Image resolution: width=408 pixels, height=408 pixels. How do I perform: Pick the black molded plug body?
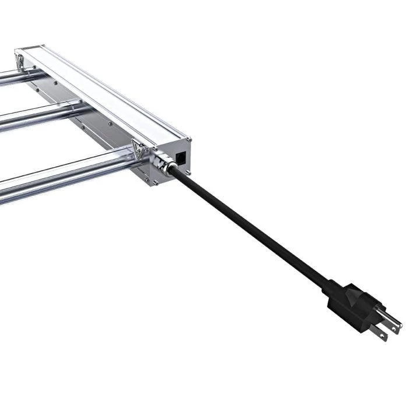(356, 306)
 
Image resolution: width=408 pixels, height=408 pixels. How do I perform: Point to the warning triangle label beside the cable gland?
(139, 149)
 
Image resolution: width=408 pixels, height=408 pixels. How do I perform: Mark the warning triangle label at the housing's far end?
(20, 58)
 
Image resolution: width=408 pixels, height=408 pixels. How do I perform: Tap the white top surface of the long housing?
(105, 93)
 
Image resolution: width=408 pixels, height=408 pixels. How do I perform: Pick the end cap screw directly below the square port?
(188, 173)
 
